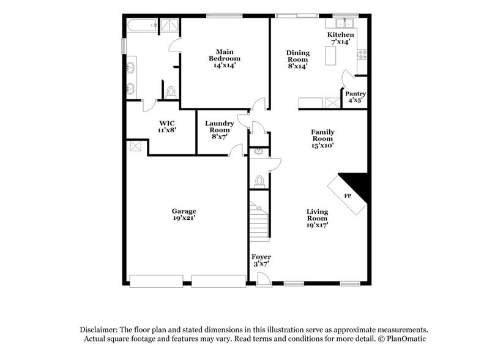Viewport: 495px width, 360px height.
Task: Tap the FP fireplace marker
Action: click(x=347, y=196)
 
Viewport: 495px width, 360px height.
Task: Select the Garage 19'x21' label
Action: click(x=184, y=214)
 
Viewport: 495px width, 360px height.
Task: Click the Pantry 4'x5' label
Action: click(x=355, y=97)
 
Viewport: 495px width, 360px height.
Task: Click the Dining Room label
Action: click(x=298, y=59)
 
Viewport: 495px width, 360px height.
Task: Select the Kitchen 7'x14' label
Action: click(x=340, y=39)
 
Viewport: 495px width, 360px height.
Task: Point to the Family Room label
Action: click(x=322, y=138)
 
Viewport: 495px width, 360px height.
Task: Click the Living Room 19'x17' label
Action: click(x=317, y=218)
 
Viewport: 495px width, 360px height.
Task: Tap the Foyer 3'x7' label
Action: click(x=261, y=260)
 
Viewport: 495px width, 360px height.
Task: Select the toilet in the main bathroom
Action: click(x=171, y=92)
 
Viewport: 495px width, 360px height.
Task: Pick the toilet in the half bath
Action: click(x=260, y=181)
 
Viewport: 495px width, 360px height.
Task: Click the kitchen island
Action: click(x=332, y=57)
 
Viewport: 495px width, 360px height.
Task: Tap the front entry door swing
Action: click(x=263, y=279)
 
